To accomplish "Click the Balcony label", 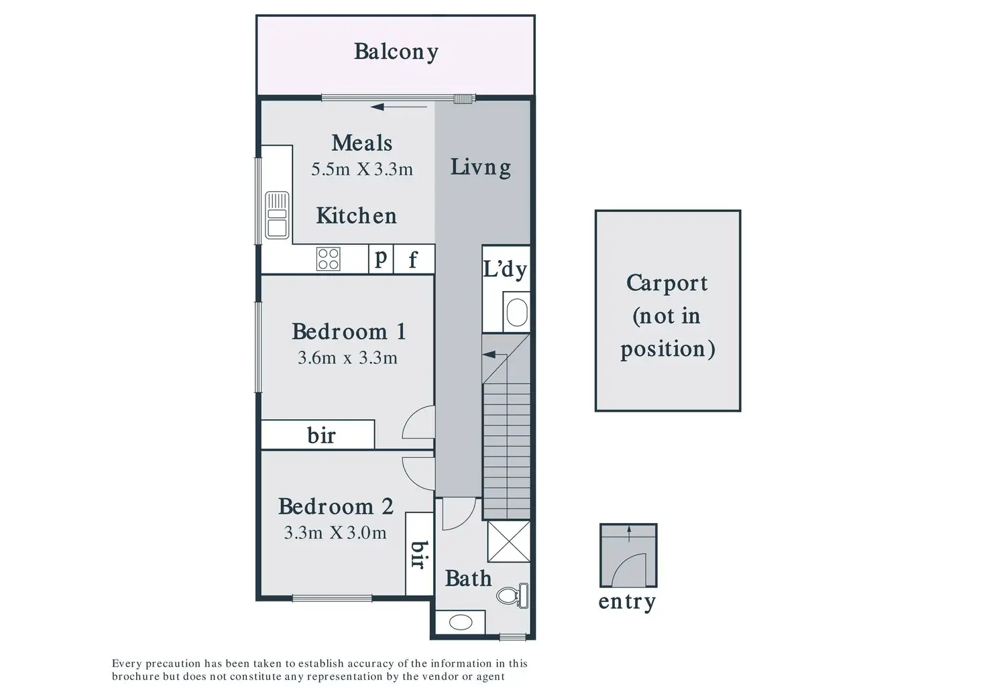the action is pos(396,52).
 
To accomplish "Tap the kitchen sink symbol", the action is pos(277,215).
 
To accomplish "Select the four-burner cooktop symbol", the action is pos(329,259).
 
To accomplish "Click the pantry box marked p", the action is pos(381,259).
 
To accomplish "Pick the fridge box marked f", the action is pos(414,259).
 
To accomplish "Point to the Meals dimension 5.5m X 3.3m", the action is pos(362,169).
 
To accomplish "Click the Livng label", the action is pos(481,168).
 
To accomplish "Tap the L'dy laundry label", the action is pos(506,270).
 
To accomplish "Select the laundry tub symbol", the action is pos(517,312).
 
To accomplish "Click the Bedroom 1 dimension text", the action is pos(347,358).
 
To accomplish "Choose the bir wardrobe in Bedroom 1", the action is pos(318,434).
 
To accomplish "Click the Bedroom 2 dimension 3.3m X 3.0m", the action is pos(335,533).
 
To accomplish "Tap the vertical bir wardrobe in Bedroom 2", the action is pos(420,554).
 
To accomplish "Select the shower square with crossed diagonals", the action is pos(509,542).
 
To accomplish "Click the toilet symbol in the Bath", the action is pos(514,596).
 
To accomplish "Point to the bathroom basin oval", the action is pos(461,623).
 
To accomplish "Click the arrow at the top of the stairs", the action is pos(494,355).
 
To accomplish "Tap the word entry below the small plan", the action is pos(627,602).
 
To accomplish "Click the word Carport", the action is pos(667,284).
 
